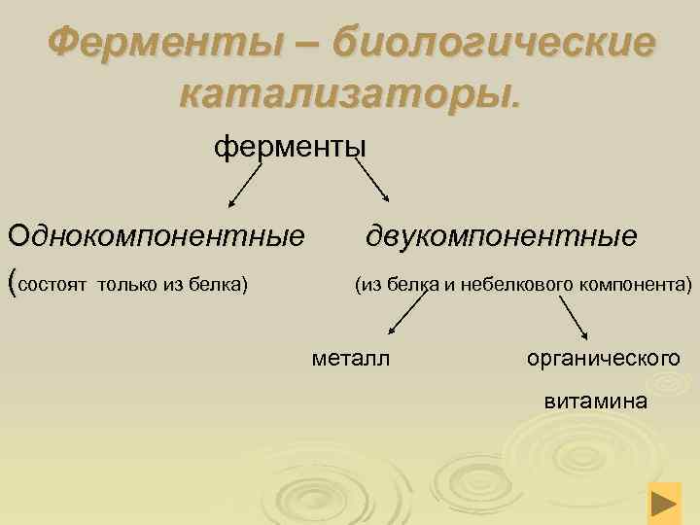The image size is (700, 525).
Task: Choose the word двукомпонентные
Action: [502, 235]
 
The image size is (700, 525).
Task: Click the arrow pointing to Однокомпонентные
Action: [247, 185]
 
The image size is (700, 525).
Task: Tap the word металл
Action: [350, 359]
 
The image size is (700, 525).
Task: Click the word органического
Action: [603, 359]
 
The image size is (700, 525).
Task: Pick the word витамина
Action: [595, 400]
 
